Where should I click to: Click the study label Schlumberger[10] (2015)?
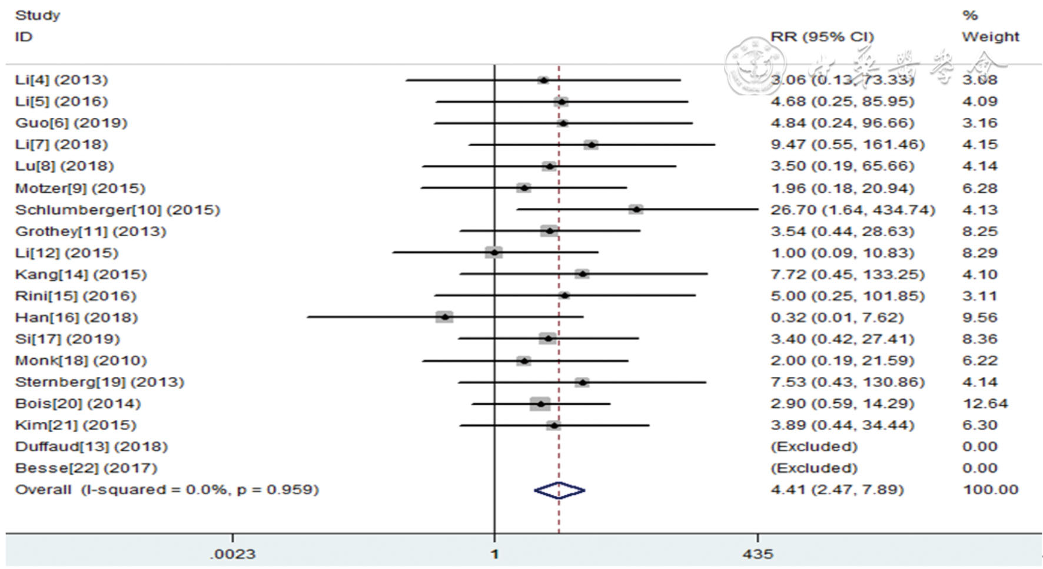118,210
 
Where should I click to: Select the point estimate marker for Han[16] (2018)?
444,317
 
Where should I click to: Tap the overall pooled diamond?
559,490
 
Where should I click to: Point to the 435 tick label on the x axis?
758,554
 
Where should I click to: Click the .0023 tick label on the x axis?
233,554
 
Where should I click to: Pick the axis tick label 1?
494,554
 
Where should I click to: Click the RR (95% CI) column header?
822,37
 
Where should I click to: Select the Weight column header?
991,37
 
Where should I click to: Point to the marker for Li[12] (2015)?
494,253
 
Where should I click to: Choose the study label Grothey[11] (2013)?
91,231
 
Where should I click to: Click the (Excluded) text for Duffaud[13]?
814,446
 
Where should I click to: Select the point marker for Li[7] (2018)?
591,144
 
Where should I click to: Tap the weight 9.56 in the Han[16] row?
979,317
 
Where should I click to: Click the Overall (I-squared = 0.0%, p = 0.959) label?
167,489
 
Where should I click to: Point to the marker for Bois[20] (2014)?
540,403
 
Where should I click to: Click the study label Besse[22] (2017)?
87,468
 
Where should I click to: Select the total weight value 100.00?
991,489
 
